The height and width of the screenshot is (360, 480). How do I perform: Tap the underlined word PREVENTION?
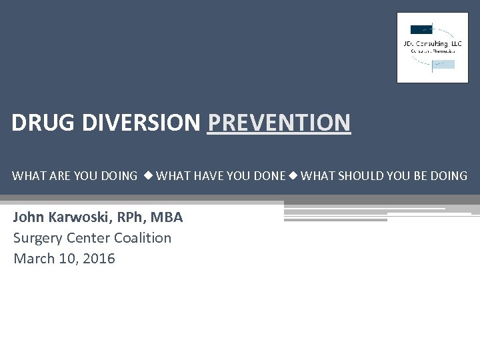click(279, 123)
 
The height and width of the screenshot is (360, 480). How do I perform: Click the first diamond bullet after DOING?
click(147, 176)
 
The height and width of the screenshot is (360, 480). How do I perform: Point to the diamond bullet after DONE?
click(293, 176)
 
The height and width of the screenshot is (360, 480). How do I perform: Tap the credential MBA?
click(167, 217)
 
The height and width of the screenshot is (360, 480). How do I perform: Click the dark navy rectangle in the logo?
click(421, 29)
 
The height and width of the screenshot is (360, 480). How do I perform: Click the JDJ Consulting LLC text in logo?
click(433, 43)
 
